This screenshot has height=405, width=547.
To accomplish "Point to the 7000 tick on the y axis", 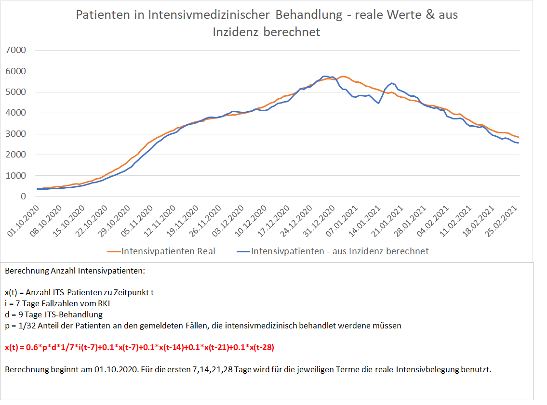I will coord(16,50).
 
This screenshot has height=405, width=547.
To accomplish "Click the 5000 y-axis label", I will coord(16,92).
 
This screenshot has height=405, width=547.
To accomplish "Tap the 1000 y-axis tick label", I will coord(16,176).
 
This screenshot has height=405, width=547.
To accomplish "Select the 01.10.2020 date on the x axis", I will coord(24,221).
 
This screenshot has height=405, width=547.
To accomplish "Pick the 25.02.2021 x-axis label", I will coord(502,221).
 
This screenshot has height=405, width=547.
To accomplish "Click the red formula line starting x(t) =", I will coord(139,347).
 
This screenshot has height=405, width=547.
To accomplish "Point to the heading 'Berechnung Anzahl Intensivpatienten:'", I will coord(75,271).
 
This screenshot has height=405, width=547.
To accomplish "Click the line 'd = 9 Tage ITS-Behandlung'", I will coord(53,314).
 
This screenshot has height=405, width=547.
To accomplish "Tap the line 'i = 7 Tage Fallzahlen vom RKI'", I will coord(60,303).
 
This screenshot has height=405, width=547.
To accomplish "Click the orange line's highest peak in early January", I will coord(343,76).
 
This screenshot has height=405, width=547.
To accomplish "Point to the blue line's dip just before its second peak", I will coord(378,103).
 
